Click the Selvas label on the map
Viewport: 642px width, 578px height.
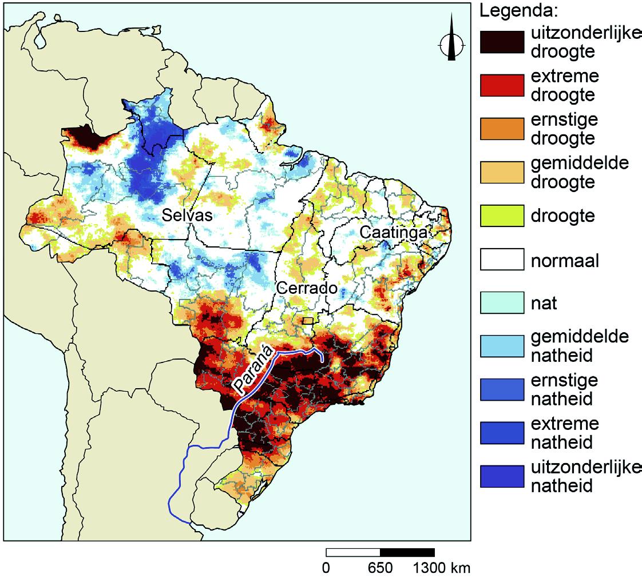[187, 216]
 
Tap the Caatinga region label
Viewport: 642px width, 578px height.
[393, 233]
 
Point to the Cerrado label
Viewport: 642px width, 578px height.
[306, 288]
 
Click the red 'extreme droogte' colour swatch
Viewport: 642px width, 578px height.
[502, 86]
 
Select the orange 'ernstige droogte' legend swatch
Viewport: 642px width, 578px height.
[502, 129]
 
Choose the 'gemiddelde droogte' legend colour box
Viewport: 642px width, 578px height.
[502, 173]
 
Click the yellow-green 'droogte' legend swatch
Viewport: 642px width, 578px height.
[502, 216]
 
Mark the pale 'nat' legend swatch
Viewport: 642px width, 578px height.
[502, 303]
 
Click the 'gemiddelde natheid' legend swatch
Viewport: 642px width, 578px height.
[502, 346]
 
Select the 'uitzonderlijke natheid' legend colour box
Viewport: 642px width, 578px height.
[502, 476]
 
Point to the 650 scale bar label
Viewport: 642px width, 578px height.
[380, 568]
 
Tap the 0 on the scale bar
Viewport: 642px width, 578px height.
[326, 568]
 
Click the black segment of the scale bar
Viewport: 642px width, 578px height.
[407, 552]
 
